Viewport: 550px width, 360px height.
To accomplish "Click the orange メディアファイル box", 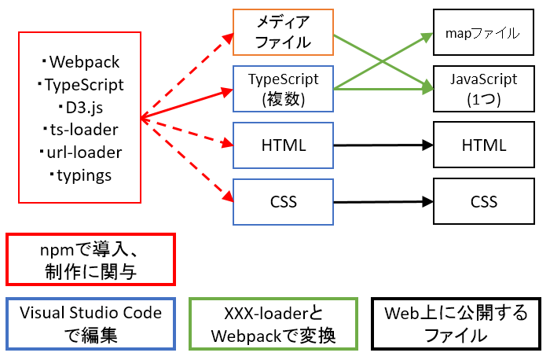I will tap(283, 32).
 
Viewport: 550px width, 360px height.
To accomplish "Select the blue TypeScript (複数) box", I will tap(283, 89).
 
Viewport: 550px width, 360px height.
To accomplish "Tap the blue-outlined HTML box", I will tap(283, 145).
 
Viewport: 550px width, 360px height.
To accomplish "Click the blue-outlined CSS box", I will tap(283, 202).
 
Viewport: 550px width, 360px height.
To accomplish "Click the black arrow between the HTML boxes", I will tap(383, 145).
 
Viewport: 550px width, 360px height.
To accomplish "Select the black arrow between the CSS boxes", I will tap(383, 202).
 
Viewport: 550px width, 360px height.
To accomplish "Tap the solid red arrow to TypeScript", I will tap(189, 103).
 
